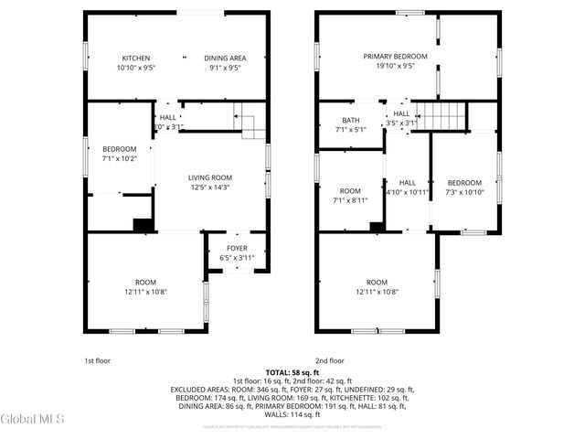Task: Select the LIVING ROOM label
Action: click(x=210, y=177)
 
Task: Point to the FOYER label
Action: click(x=237, y=247)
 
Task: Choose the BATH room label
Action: click(x=350, y=120)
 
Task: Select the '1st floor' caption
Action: click(x=98, y=360)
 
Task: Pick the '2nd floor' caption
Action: click(x=330, y=360)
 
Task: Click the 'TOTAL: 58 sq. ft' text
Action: click(x=292, y=372)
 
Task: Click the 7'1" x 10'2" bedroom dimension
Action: click(x=119, y=159)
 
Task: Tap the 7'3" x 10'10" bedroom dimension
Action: click(x=464, y=193)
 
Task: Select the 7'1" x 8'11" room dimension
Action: click(x=350, y=199)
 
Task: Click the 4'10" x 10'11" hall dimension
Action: click(x=407, y=193)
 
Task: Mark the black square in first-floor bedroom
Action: click(x=141, y=224)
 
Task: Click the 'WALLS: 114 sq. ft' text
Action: click(x=292, y=413)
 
